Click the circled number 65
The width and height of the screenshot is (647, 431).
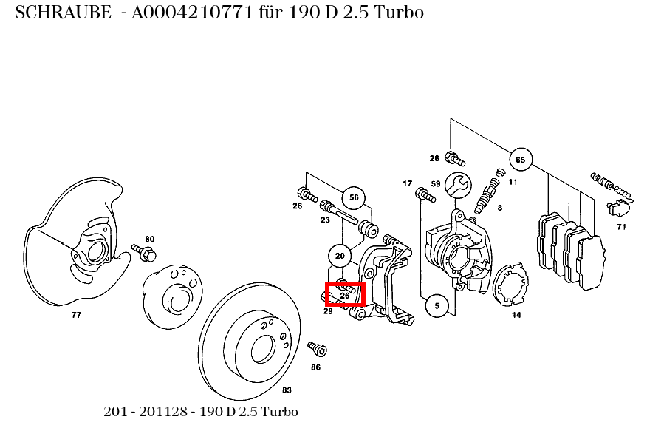point(520,160)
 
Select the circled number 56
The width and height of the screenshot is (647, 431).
point(354,197)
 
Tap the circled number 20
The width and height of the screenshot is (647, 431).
point(340,256)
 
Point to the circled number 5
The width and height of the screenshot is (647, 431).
point(437,305)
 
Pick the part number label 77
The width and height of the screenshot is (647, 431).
point(76,315)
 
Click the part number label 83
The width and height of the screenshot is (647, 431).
point(287,390)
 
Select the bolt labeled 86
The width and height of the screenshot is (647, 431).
point(318,348)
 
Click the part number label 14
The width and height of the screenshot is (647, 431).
point(516,315)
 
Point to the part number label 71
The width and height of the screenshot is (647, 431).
point(621,227)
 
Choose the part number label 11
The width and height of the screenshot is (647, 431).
point(513,182)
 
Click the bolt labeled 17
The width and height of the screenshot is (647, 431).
point(424,194)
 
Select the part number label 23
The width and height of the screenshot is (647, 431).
point(325,220)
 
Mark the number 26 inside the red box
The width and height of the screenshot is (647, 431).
point(345,296)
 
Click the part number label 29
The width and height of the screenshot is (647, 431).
point(328,311)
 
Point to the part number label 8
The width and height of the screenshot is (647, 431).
point(499,208)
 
